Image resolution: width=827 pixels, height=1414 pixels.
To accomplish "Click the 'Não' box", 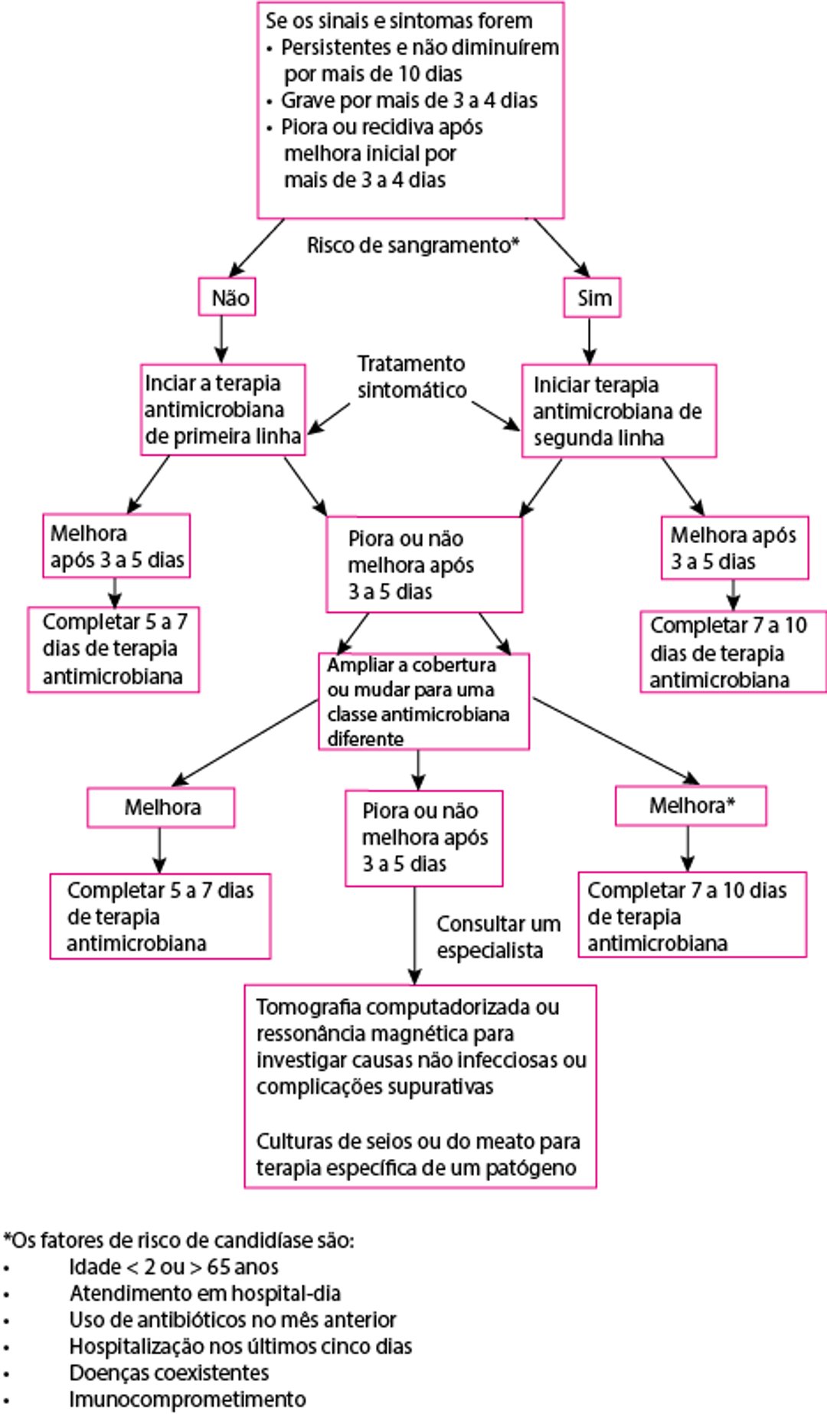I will pos(227,297).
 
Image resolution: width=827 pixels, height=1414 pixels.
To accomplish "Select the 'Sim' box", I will pos(593,297).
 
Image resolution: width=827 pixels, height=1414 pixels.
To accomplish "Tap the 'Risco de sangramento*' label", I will pos(413,245).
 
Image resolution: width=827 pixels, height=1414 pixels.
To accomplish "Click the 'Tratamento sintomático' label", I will pos(411,377).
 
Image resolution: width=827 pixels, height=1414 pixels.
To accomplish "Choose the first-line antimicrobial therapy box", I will pos(223,410).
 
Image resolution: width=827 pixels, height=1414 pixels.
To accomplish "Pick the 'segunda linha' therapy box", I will pos(619,411).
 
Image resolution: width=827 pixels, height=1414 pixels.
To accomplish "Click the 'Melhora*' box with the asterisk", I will pos(691,806).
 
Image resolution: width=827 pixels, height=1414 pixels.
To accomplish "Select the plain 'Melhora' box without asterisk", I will pos(161,807).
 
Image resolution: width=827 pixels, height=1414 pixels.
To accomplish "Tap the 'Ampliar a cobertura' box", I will pos(423,701).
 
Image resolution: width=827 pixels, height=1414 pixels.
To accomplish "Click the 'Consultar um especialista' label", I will pos(498,937).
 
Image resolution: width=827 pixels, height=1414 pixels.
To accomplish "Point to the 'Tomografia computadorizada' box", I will pos(420,1086).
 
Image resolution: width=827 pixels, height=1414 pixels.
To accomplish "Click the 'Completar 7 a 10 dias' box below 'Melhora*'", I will pos(692,915).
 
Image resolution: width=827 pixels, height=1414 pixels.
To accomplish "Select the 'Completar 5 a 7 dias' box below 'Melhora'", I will pos(160,916).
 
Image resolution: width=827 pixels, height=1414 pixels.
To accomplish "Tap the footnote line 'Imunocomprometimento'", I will pos(188,1399).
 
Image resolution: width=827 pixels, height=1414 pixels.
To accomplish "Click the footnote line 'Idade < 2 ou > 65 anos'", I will pos(173,1266).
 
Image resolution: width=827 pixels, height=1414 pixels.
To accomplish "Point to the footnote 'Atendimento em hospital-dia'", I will pos(204,1293).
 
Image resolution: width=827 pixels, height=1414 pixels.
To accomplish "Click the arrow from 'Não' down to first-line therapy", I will pos(221,339).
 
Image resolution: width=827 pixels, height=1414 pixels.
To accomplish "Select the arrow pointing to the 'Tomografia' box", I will pos(414,936).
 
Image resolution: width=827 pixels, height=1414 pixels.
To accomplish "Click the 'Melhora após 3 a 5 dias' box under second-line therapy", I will pos(734,548).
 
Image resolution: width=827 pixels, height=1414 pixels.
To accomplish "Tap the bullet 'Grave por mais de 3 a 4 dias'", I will pos(409,100).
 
